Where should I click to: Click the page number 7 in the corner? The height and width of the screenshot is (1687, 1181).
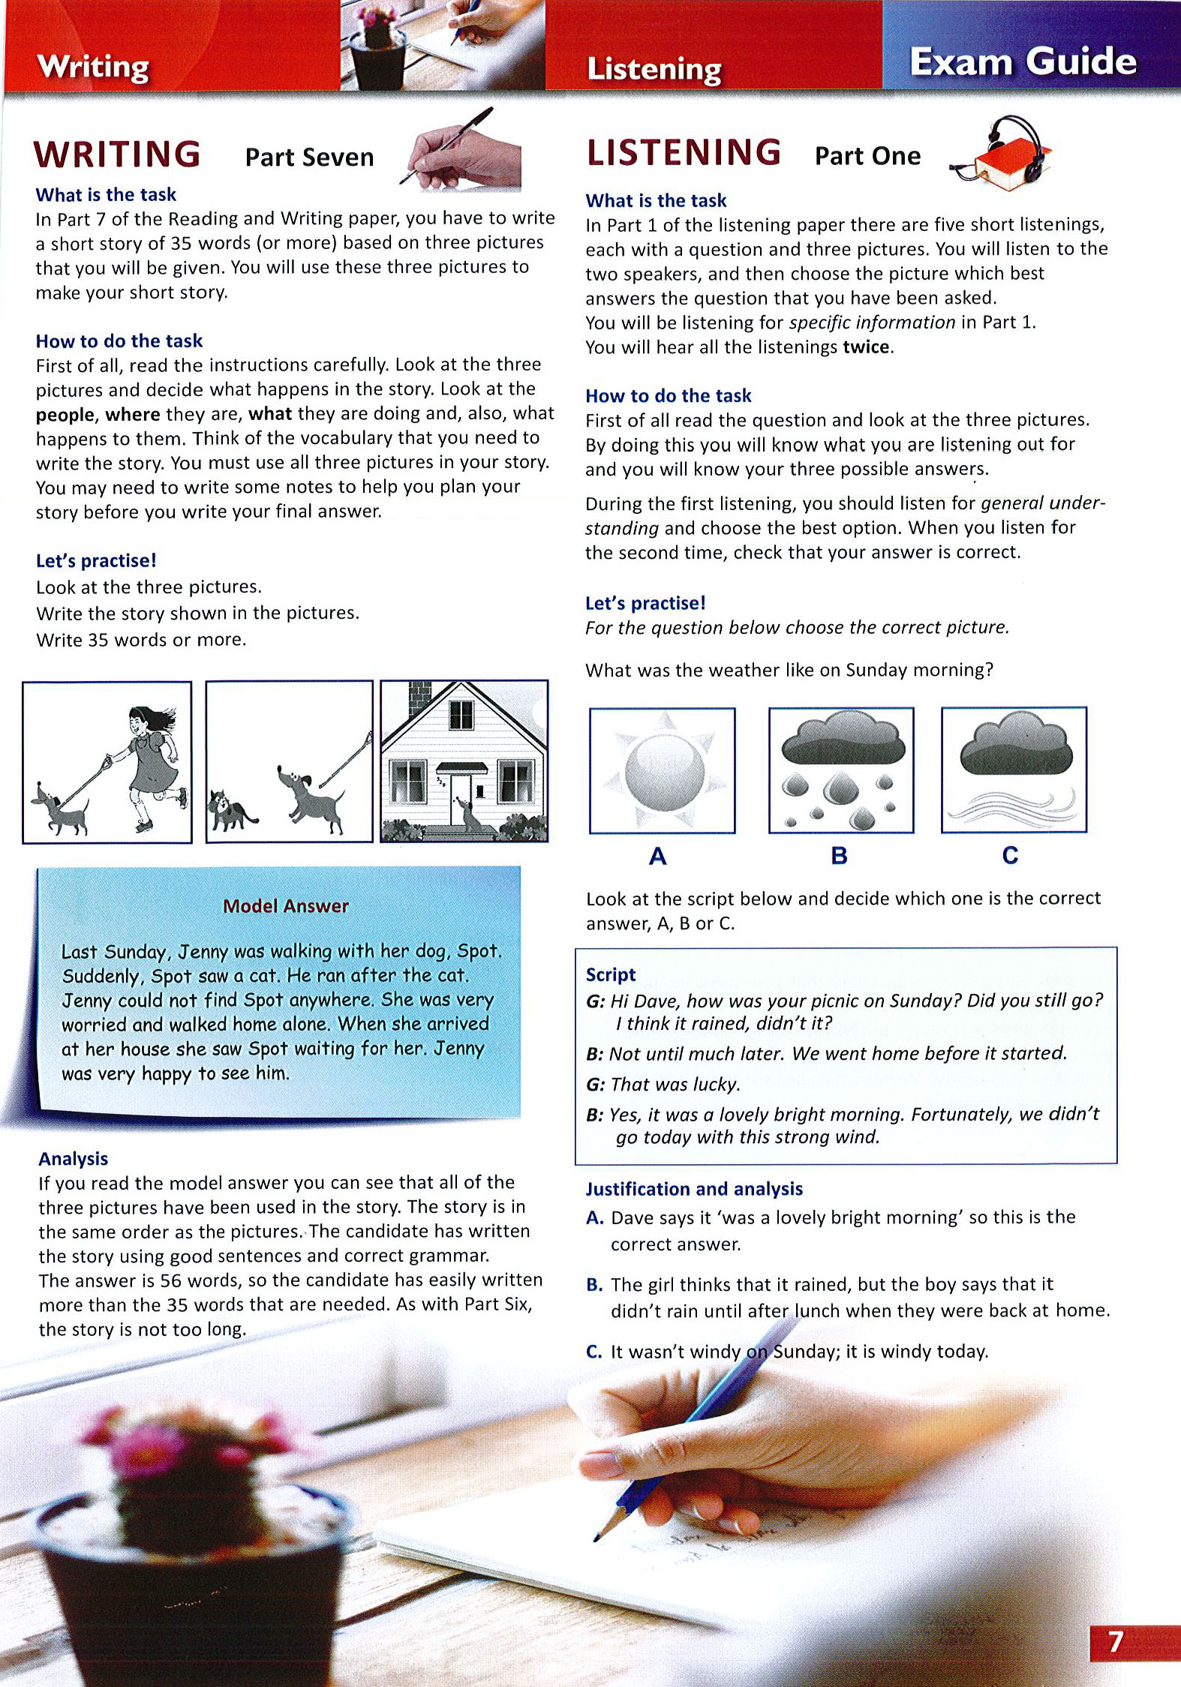1116,1641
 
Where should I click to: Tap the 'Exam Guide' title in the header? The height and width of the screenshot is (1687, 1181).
1023,62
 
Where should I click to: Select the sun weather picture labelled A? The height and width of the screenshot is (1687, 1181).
663,770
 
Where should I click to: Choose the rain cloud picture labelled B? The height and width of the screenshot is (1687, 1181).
841,770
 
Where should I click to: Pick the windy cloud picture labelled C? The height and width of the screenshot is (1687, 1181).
1014,770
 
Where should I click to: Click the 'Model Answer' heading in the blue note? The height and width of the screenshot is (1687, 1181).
285,906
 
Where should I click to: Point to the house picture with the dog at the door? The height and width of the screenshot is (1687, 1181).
464,761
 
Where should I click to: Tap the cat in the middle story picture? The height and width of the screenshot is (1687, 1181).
229,810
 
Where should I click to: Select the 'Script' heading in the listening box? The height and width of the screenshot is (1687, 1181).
610,974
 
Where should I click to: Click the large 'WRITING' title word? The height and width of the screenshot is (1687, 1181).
117,155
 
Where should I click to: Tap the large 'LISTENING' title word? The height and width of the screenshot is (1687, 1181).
684,152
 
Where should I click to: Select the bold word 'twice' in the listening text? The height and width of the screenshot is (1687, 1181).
867,347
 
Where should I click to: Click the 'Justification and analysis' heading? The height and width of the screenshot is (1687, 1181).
694,1189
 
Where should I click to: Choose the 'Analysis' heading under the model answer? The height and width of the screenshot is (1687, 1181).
74,1159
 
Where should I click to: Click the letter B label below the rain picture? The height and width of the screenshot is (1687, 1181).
840,856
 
